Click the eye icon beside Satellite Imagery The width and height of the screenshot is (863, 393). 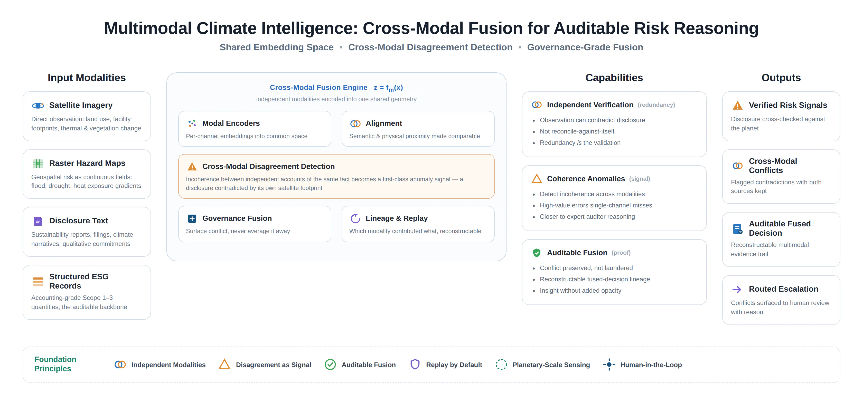coord(38,106)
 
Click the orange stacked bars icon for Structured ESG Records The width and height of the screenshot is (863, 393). coord(38,282)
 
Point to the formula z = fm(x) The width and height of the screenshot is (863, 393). coord(388,88)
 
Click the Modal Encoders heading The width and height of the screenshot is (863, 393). coord(231,123)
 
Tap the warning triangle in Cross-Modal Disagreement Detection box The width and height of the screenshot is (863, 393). coord(192,166)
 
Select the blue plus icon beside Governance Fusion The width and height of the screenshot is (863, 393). coord(192,219)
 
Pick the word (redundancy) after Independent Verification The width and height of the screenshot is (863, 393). coord(656,105)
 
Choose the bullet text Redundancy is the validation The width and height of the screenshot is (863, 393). coord(580,143)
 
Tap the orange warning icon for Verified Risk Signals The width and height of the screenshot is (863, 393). coord(737,106)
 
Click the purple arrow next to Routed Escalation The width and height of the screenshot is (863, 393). coord(737,290)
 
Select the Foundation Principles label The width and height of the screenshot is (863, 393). coord(55,364)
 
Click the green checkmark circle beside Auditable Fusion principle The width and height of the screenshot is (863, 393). coord(330,365)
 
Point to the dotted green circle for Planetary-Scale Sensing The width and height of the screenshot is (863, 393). coord(501,365)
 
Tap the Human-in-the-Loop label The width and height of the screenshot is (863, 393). coord(651,365)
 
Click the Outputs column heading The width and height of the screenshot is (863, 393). coord(781,78)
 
